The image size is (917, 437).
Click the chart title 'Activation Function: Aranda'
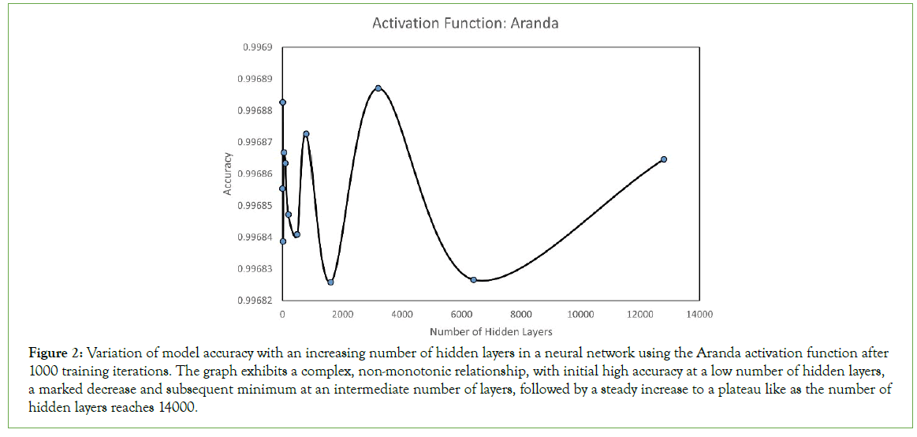[465, 23]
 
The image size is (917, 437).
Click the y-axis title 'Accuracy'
[227, 174]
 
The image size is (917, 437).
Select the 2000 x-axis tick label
[342, 314]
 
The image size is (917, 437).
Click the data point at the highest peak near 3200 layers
[378, 88]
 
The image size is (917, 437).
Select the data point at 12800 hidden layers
[664, 159]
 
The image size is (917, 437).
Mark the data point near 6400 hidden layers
[473, 280]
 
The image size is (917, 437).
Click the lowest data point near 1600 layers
[330, 282]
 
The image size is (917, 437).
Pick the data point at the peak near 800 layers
[306, 134]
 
